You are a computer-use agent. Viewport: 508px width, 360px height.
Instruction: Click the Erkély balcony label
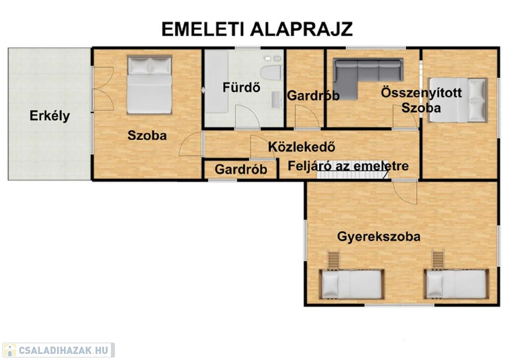tap(50, 116)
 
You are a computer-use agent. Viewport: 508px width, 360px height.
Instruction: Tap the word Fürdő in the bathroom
tap(242, 87)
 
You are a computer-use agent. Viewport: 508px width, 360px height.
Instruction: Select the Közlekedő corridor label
tap(301, 147)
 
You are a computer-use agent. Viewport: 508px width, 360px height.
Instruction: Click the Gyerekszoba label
tap(379, 236)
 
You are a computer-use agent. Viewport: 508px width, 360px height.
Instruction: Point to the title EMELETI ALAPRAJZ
tap(257, 29)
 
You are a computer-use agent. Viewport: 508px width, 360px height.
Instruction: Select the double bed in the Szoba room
tap(149, 85)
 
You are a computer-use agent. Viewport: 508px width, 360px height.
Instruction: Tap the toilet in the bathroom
tap(271, 72)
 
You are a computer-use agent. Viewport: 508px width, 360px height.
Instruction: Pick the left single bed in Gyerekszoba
tap(352, 285)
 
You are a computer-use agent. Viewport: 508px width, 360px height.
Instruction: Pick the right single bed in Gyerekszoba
tap(456, 284)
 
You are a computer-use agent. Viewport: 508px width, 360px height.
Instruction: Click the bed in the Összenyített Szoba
tap(457, 100)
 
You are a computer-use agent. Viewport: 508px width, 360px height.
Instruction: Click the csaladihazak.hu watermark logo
tap(59, 350)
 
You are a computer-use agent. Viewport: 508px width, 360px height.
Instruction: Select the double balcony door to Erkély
tap(103, 88)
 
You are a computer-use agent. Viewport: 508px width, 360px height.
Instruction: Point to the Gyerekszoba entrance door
tap(405, 192)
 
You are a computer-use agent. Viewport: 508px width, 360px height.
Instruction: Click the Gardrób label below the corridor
tap(241, 169)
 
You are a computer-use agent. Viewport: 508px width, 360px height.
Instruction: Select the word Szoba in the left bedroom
tap(147, 135)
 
